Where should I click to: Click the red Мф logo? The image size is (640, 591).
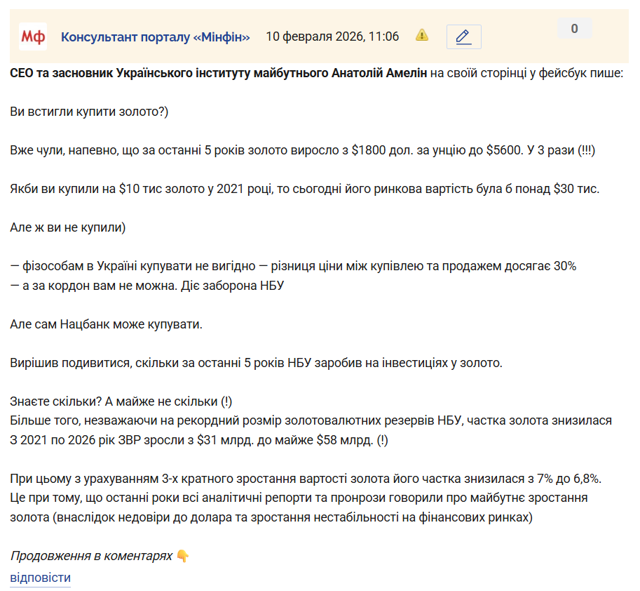[x=33, y=36]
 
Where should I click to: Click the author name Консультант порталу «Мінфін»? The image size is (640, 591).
[x=156, y=36]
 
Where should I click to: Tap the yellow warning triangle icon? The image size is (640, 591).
[x=422, y=35]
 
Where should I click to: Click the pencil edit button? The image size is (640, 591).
[x=463, y=36]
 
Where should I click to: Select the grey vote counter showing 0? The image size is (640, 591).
[x=574, y=29]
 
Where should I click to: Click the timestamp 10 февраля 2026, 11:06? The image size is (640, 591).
[x=332, y=36]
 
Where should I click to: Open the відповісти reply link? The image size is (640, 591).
[x=40, y=578]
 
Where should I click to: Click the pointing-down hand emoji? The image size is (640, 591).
[x=182, y=556]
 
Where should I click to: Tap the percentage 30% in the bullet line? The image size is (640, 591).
[x=564, y=267]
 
